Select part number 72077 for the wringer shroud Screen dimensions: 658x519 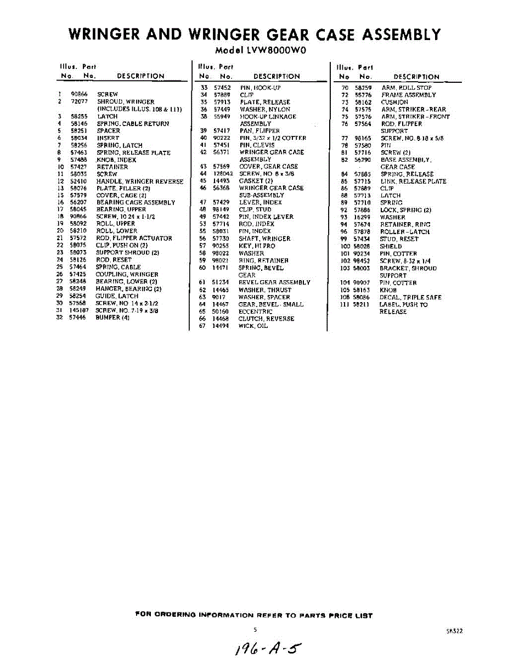tap(79, 102)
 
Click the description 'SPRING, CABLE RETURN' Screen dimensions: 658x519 tap(133, 124)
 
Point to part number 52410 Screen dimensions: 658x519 tap(78, 181)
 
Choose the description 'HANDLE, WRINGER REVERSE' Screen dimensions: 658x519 tap(140, 181)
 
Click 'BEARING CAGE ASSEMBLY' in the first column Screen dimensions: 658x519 tap(136, 202)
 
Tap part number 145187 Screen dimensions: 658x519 tap(79, 310)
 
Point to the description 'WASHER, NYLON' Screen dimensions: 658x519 tap(265, 109)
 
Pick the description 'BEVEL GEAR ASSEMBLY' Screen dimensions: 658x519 tap(274, 282)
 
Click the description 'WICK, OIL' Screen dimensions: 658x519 tap(253, 326)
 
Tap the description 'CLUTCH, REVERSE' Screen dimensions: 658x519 tap(266, 319)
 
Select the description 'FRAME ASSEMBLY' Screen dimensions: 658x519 tap(409, 95)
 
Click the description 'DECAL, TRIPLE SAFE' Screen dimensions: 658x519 tap(410, 297)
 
